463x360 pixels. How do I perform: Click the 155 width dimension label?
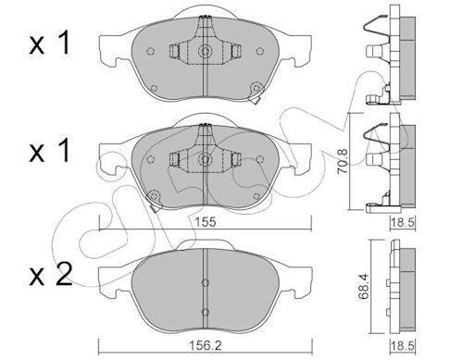[x=206, y=221]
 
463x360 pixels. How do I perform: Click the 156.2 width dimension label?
[x=206, y=345]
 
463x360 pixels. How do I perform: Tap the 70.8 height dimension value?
[x=343, y=161]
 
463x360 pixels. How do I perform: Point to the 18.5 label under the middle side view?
[x=402, y=222]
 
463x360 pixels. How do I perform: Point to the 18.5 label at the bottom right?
[x=402, y=346]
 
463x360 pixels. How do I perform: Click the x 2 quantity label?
[x=50, y=273]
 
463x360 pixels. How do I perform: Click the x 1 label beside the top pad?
[x=49, y=44]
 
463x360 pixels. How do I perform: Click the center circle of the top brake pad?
[x=205, y=51]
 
